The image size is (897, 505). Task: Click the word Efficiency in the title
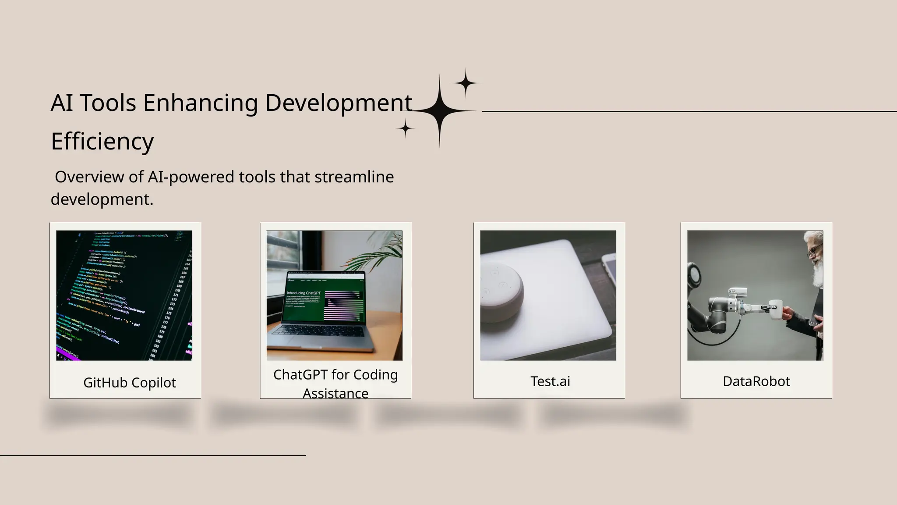click(x=102, y=141)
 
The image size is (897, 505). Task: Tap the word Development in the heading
click(x=338, y=103)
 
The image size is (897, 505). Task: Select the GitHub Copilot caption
click(x=129, y=383)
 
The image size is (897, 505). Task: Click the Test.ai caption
click(x=550, y=381)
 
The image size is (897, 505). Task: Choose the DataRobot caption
click(x=756, y=381)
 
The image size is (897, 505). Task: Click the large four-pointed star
click(x=439, y=111)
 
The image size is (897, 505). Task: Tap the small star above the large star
click(x=466, y=82)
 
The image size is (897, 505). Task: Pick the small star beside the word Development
click(x=406, y=129)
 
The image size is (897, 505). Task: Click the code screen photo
click(x=124, y=295)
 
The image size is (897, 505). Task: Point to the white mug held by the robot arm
click(x=776, y=309)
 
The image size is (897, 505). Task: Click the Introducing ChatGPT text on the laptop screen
click(x=303, y=293)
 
